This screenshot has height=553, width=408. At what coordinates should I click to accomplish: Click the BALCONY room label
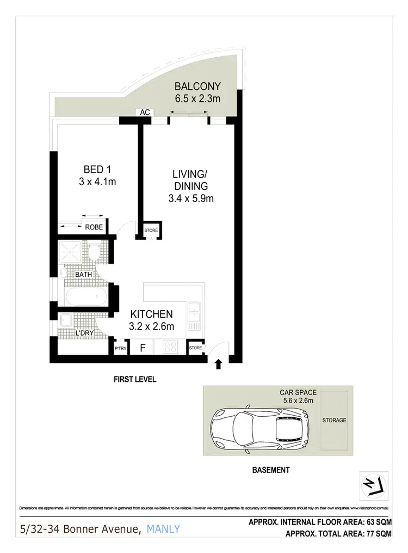pyautogui.click(x=197, y=86)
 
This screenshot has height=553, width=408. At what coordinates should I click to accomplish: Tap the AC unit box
pyautogui.click(x=145, y=112)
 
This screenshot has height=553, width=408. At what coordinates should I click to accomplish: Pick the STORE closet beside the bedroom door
pyautogui.click(x=151, y=230)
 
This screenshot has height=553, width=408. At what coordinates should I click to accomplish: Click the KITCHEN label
pyautogui.click(x=151, y=314)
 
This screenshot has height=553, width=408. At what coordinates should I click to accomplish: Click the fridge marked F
pyautogui.click(x=142, y=347)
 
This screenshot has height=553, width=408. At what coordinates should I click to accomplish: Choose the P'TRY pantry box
pyautogui.click(x=120, y=347)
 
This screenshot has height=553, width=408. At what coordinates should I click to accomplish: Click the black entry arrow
pyautogui.click(x=219, y=363)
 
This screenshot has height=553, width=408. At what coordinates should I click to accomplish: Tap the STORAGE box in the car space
pyautogui.click(x=334, y=421)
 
